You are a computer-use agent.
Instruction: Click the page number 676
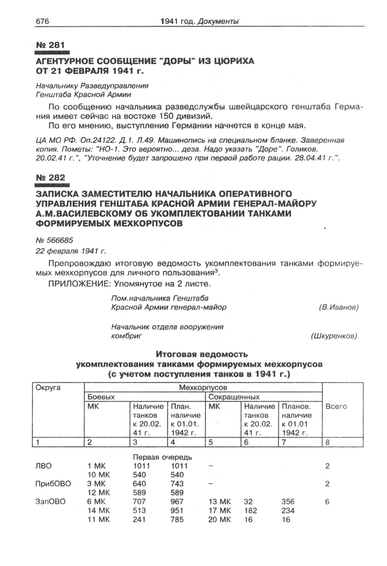click(43, 21)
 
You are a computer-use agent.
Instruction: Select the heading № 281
click(50, 45)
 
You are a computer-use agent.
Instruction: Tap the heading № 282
click(50, 178)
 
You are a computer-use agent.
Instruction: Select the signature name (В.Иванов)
click(338, 307)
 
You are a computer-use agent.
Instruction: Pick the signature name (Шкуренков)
click(334, 336)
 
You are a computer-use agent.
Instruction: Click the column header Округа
click(48, 388)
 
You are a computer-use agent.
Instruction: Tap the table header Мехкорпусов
click(203, 388)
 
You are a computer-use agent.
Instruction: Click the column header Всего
click(336, 406)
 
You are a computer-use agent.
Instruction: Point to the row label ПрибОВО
click(53, 484)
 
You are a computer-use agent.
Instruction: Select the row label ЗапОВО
click(50, 501)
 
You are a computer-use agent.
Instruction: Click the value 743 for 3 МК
click(177, 484)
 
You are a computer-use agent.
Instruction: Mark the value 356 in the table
click(288, 501)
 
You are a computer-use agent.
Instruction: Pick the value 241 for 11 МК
click(139, 519)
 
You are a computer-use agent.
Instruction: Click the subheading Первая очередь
click(162, 457)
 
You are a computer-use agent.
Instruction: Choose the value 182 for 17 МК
click(250, 511)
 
